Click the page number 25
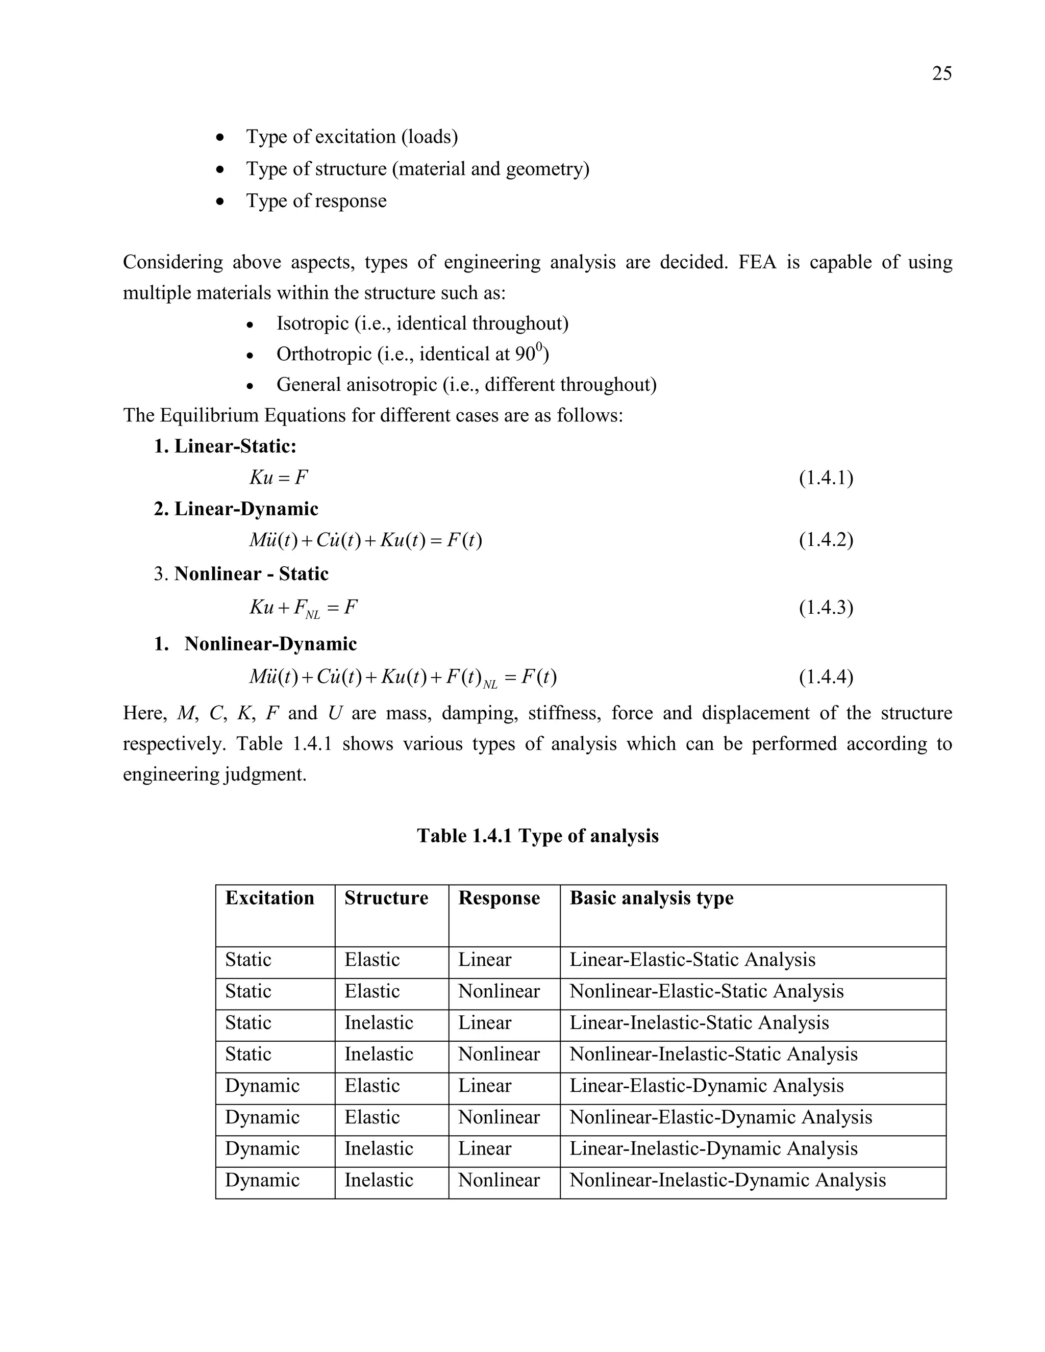[x=941, y=73]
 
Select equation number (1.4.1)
[x=826, y=478]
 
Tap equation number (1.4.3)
[x=826, y=607]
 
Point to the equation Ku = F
[x=279, y=478]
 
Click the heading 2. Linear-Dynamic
[x=236, y=509]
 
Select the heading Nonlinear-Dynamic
[x=270, y=644]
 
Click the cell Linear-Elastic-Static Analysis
[x=692, y=960]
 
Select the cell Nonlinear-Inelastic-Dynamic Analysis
[x=728, y=1180]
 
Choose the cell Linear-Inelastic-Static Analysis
[x=699, y=1022]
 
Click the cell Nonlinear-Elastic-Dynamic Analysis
[x=720, y=1117]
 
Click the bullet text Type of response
[x=316, y=201]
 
